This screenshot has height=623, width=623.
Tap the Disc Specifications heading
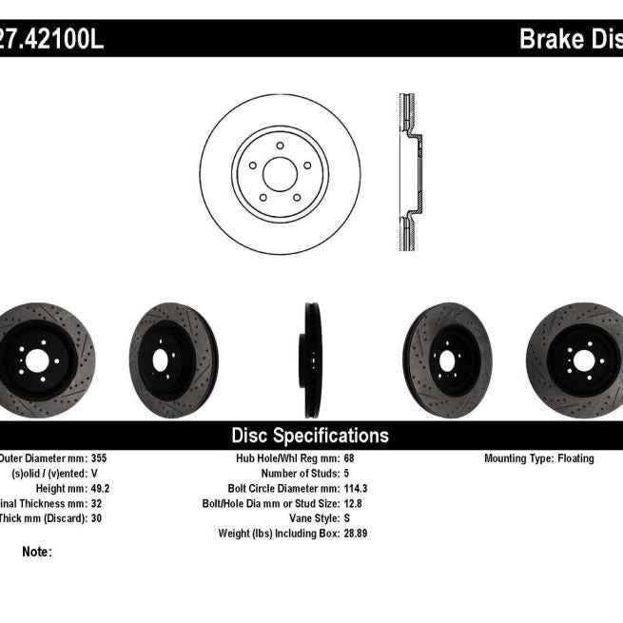coord(311,436)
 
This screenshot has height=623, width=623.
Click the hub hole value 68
coord(349,458)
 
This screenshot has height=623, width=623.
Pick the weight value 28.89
coord(356,534)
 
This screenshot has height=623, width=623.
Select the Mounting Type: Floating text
coord(538,458)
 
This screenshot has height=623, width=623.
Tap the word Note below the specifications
coord(37,552)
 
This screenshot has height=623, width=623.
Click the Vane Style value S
coord(346,518)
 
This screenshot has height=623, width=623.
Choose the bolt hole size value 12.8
coord(353,503)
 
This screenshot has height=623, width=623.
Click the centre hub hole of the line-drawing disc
coord(280,174)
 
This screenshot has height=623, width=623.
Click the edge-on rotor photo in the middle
coord(313,360)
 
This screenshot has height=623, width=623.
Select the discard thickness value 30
coord(97,518)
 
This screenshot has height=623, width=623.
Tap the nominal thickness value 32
coord(97,503)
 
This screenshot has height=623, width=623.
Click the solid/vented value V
coord(94,473)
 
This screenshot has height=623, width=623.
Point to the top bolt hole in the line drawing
coord(280,145)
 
